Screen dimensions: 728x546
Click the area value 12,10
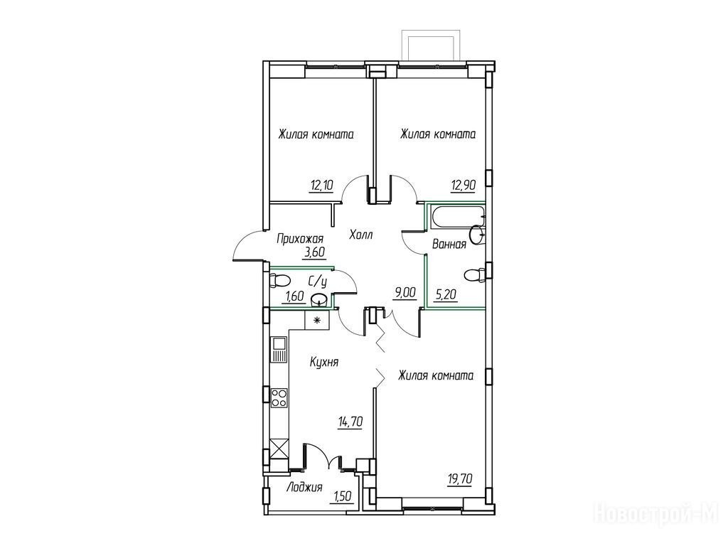(x=322, y=186)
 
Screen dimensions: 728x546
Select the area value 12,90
(x=463, y=186)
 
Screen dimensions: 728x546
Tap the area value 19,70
(x=460, y=478)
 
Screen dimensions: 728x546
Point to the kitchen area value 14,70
(x=350, y=422)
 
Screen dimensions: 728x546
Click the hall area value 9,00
(x=404, y=293)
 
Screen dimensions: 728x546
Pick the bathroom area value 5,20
(x=446, y=294)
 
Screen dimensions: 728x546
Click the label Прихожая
(x=300, y=240)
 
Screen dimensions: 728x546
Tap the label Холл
(x=360, y=235)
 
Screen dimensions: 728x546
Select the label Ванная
(x=449, y=245)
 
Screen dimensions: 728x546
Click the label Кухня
(x=324, y=362)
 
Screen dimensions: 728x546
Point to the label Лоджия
(x=304, y=488)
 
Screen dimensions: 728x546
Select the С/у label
(x=318, y=282)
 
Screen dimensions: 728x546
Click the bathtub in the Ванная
(x=457, y=218)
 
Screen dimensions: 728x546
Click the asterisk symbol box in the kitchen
(x=317, y=320)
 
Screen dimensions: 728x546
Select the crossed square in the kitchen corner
(x=279, y=449)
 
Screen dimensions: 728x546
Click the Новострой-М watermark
(x=659, y=514)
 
